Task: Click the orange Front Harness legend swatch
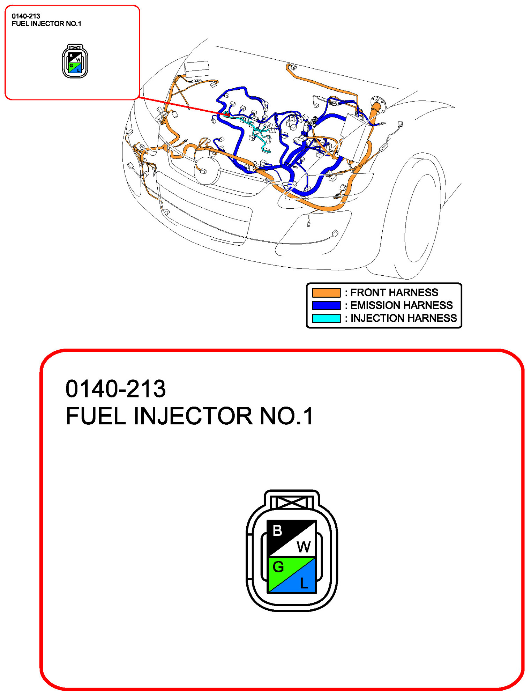pyautogui.click(x=326, y=292)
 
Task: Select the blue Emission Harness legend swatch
pyautogui.click(x=326, y=305)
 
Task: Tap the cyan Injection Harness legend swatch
pyautogui.click(x=326, y=318)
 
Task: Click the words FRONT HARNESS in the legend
pyautogui.click(x=394, y=292)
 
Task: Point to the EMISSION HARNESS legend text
pyautogui.click(x=401, y=305)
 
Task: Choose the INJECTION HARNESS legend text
pyautogui.click(x=403, y=318)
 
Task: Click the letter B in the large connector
pyautogui.click(x=277, y=531)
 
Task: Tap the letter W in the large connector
pyautogui.click(x=304, y=547)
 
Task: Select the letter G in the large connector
pyautogui.click(x=278, y=567)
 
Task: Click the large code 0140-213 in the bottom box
pyautogui.click(x=115, y=389)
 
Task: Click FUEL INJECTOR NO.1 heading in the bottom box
pyautogui.click(x=189, y=416)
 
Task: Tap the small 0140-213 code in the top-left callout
pyautogui.click(x=26, y=16)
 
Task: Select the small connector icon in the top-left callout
pyautogui.click(x=75, y=61)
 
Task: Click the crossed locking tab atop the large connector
pyautogui.click(x=292, y=503)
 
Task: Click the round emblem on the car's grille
pyautogui.click(x=207, y=171)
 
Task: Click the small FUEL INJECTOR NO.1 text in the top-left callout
pyautogui.click(x=46, y=24)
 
